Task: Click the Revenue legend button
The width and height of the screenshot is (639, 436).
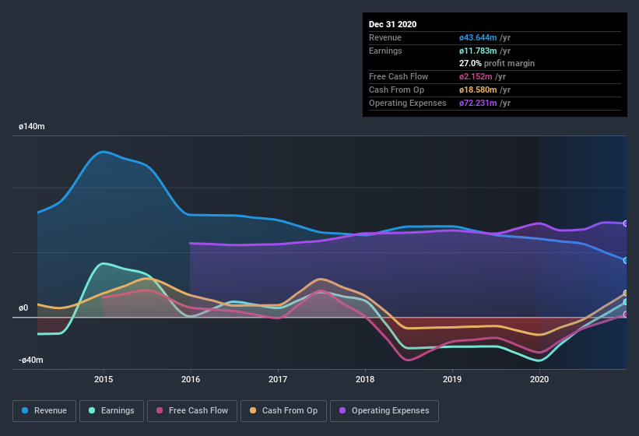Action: [x=45, y=410]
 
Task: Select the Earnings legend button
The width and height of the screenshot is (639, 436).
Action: [x=112, y=410]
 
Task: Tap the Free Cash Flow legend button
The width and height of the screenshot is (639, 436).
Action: [x=192, y=410]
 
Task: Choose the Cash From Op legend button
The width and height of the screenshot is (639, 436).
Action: [x=283, y=410]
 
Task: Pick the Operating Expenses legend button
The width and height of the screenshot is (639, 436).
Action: [x=384, y=410]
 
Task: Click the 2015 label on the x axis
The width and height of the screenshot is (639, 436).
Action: [x=104, y=379]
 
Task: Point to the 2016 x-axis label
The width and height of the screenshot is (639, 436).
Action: [x=191, y=379]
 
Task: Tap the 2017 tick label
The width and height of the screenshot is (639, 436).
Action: [x=278, y=379]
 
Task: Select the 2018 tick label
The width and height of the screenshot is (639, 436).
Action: [x=365, y=379]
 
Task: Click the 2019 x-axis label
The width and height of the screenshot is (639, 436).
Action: [x=452, y=379]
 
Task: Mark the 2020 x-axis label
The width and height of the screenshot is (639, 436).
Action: [x=539, y=379]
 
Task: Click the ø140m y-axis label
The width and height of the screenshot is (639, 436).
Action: [x=32, y=125]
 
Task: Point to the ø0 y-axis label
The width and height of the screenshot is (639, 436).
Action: [x=23, y=308]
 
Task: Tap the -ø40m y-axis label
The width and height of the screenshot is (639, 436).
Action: [x=31, y=360]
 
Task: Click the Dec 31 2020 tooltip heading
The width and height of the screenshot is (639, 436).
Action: [x=392, y=24]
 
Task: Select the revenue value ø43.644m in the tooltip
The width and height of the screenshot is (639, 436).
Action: [x=485, y=37]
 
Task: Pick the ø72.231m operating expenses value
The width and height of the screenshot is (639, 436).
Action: [x=485, y=103]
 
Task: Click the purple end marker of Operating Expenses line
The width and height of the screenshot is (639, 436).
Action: [x=626, y=223]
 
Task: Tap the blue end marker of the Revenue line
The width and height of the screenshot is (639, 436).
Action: [x=626, y=260]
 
